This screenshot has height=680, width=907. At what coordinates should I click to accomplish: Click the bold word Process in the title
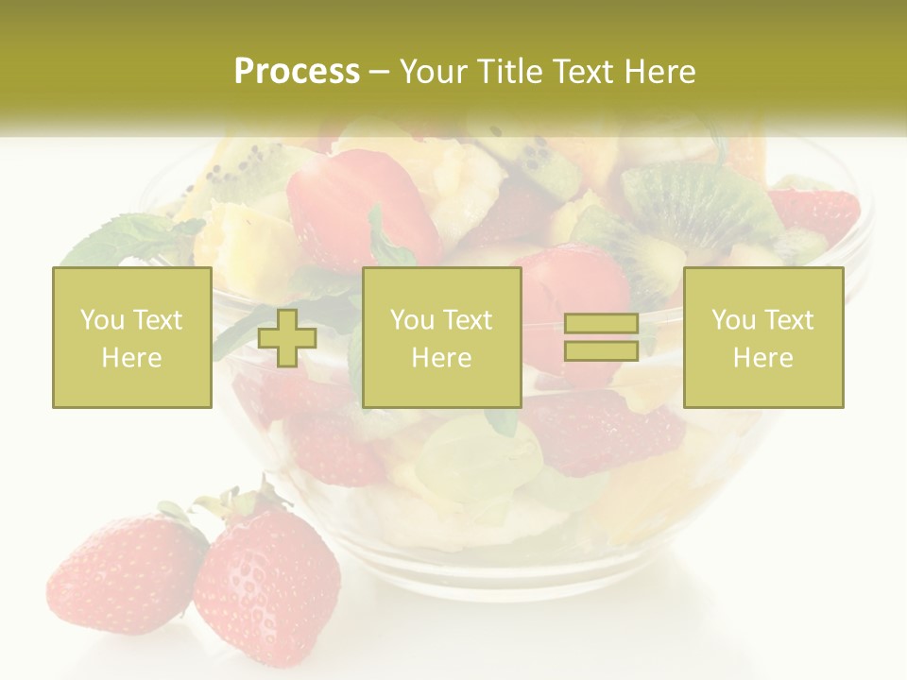click(297, 72)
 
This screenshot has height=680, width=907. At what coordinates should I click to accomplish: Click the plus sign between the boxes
click(287, 338)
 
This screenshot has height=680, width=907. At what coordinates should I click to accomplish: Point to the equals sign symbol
click(601, 337)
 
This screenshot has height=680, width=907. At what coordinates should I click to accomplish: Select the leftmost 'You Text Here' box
click(132, 338)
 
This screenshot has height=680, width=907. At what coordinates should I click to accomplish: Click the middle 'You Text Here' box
click(441, 338)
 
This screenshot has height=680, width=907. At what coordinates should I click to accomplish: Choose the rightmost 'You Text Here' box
click(763, 338)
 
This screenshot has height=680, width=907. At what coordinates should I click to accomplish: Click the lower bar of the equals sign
click(601, 350)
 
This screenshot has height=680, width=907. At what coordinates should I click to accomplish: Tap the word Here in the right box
click(762, 358)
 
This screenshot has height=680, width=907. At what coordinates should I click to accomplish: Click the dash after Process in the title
click(380, 73)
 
